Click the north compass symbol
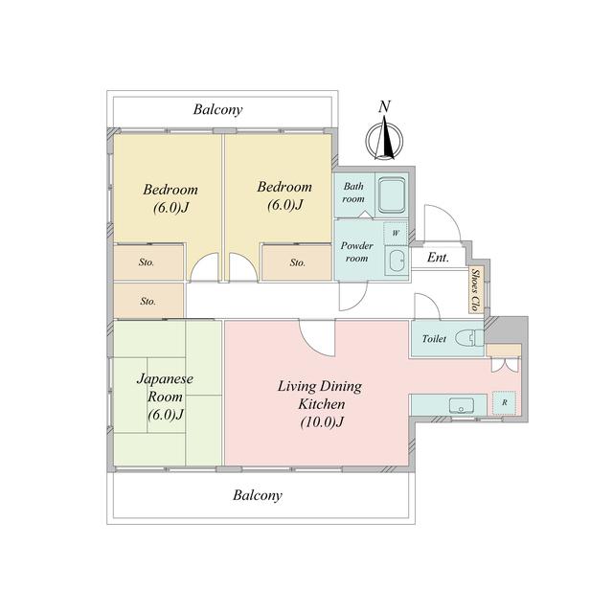(385, 142)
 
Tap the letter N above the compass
(385, 106)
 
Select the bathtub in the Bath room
(392, 194)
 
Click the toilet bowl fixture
(469, 337)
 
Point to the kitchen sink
(462, 405)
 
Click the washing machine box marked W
(396, 234)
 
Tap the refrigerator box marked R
(505, 402)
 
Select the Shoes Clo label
(475, 290)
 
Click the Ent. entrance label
(438, 258)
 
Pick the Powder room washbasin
(397, 261)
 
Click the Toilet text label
(434, 338)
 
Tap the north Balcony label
(217, 109)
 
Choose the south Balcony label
(258, 495)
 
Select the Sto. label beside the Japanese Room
(148, 301)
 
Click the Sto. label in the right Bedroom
(298, 262)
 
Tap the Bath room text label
(353, 193)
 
